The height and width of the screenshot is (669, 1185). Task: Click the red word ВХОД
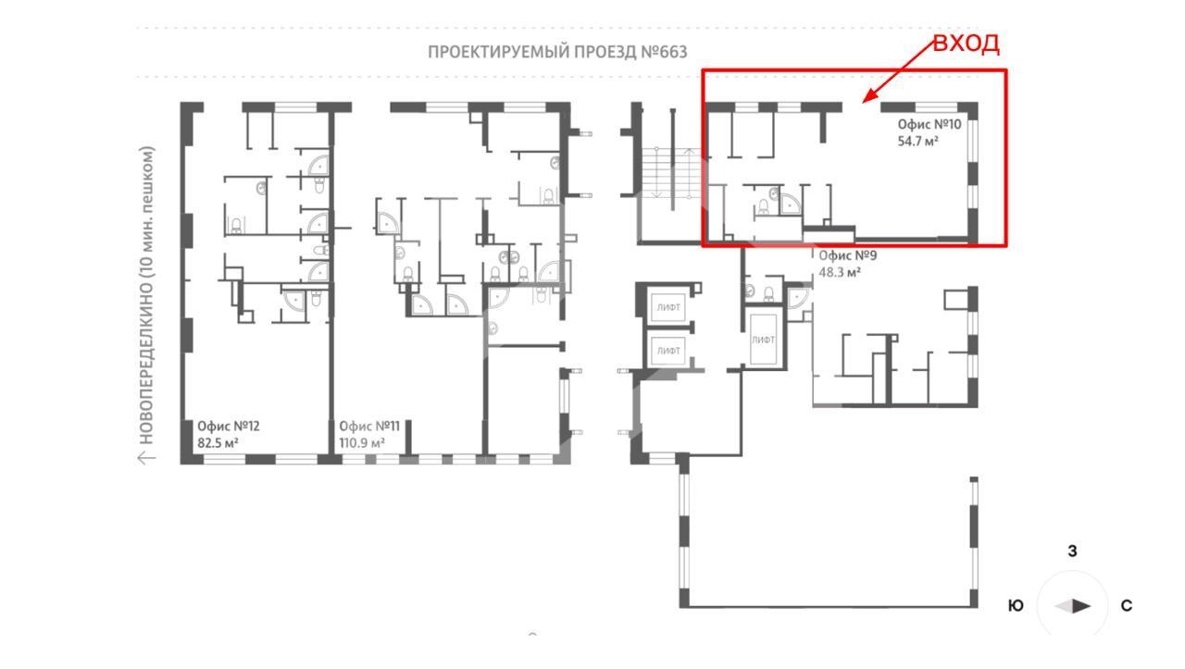coord(966,43)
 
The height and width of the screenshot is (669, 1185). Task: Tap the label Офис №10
coord(929,124)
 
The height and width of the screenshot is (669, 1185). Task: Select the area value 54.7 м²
coord(917,142)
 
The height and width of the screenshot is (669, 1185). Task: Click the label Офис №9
coord(847,255)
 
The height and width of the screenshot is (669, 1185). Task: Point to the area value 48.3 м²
coord(840,272)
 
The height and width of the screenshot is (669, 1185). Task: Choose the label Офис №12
coord(229,426)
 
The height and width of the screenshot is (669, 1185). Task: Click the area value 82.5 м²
coord(218,442)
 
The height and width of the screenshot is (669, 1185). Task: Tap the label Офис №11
coord(369,426)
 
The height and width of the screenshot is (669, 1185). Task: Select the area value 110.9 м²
coord(362,442)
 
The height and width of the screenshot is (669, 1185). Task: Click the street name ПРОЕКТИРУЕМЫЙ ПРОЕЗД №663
coord(557,52)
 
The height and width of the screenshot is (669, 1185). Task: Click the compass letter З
coord(1072,551)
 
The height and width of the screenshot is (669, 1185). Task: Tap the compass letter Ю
coord(1016,605)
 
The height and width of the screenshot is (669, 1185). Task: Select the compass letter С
coord(1127,605)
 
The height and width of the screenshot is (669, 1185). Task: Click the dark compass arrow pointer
coord(1081,606)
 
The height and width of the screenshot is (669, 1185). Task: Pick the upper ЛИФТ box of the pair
coord(668,307)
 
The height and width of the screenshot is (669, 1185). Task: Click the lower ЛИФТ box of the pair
coord(668,351)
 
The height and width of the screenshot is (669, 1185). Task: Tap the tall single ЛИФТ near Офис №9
coord(764,340)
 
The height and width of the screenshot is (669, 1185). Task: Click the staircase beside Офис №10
coord(672,173)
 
